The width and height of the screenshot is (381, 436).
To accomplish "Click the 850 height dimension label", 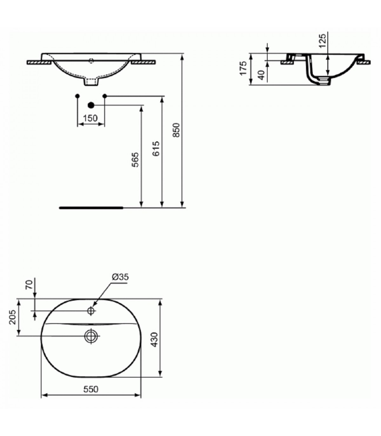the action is click(177, 130).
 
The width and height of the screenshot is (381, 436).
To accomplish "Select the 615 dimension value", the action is click(156, 148).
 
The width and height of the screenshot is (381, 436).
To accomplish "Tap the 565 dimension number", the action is click(135, 160).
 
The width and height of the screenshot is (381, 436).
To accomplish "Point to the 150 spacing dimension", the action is click(90, 118).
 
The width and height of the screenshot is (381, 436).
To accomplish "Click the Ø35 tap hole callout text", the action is click(120, 277).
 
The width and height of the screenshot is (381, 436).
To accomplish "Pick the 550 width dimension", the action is click(91, 389).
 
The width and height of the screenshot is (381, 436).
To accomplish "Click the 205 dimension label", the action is click(12, 317).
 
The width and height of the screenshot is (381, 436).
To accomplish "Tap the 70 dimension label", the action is click(30, 284).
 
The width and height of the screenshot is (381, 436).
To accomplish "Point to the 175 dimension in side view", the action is click(243, 68).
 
